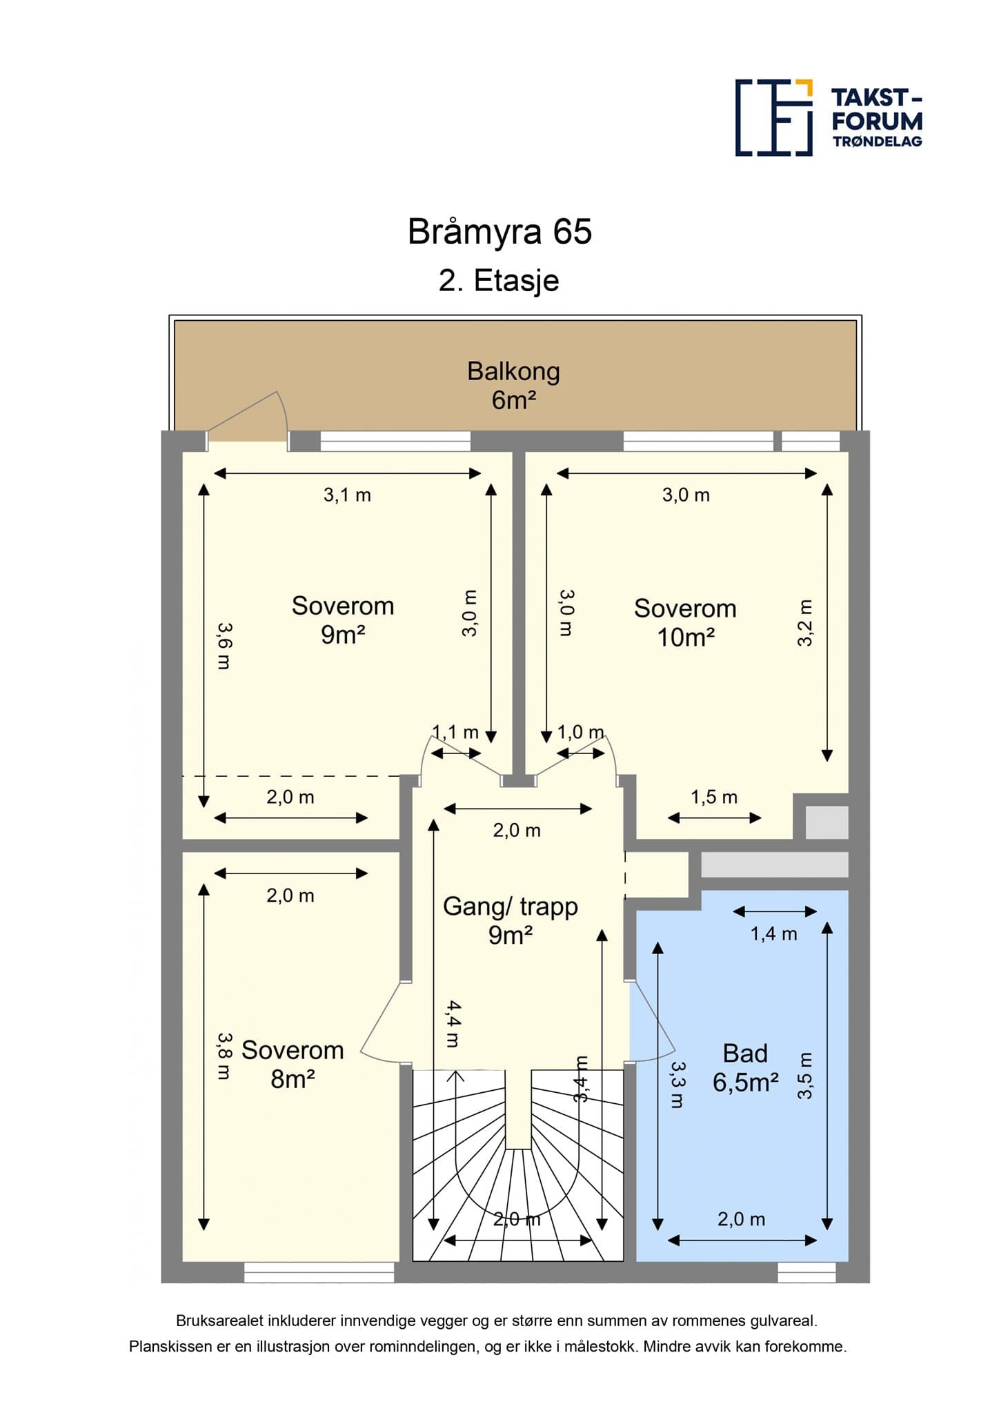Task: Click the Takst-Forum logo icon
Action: point(773,117)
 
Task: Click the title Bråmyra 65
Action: point(499,232)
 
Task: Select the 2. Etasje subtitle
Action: point(499,281)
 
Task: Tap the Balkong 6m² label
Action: point(513,385)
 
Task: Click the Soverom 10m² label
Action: point(685,622)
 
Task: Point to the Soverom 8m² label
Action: point(293,1065)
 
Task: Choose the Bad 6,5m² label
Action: point(745,1068)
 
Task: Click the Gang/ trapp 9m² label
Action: point(511,920)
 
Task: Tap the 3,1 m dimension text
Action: point(347,495)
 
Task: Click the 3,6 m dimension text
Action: point(224,646)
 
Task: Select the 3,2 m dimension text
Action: point(805,622)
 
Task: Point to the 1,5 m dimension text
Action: point(714,798)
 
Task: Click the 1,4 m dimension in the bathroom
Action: point(773,934)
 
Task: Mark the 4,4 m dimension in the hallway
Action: point(452,1024)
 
